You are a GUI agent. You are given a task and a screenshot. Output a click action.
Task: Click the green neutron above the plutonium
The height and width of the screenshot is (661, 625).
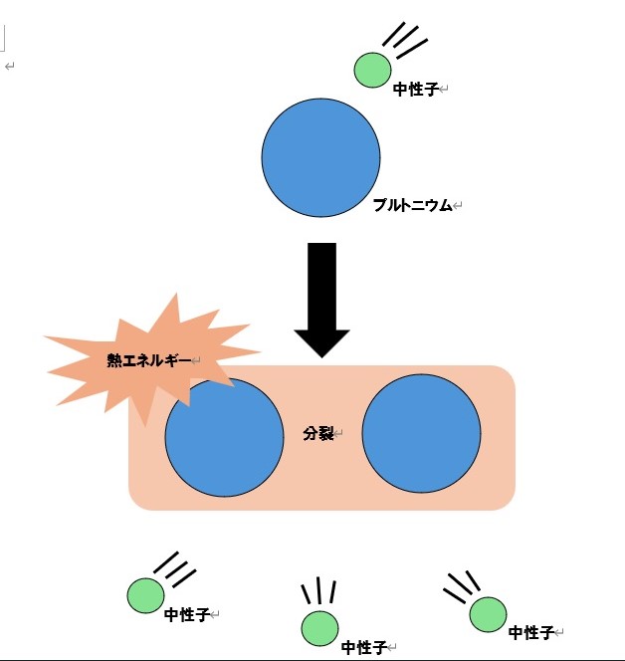click(373, 70)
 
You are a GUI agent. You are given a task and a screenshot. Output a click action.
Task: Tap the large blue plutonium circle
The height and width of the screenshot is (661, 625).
click(321, 157)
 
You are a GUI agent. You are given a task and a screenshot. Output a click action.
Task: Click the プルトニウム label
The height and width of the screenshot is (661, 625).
click(411, 206)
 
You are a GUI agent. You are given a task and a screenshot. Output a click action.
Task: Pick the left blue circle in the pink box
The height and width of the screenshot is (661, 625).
click(224, 436)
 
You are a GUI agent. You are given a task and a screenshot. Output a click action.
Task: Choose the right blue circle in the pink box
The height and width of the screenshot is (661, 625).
click(421, 432)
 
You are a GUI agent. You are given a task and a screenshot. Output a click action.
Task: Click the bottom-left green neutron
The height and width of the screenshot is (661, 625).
click(145, 595)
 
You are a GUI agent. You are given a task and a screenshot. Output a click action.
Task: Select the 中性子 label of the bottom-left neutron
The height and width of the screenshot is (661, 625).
click(186, 615)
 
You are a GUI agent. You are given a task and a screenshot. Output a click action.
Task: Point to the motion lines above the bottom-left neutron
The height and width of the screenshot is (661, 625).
click(175, 570)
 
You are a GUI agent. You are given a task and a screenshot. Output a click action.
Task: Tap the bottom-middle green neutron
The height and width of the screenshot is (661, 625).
click(319, 627)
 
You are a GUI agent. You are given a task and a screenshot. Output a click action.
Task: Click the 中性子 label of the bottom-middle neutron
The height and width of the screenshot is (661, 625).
click(362, 648)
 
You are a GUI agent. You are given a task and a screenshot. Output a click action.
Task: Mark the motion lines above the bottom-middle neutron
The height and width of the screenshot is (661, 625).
click(318, 591)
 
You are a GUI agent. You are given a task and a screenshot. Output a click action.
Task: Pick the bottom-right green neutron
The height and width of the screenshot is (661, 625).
click(488, 614)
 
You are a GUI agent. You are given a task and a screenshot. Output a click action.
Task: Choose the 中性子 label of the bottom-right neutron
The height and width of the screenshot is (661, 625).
click(529, 633)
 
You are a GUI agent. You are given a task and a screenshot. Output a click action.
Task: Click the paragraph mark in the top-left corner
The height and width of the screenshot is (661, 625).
click(9, 66)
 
